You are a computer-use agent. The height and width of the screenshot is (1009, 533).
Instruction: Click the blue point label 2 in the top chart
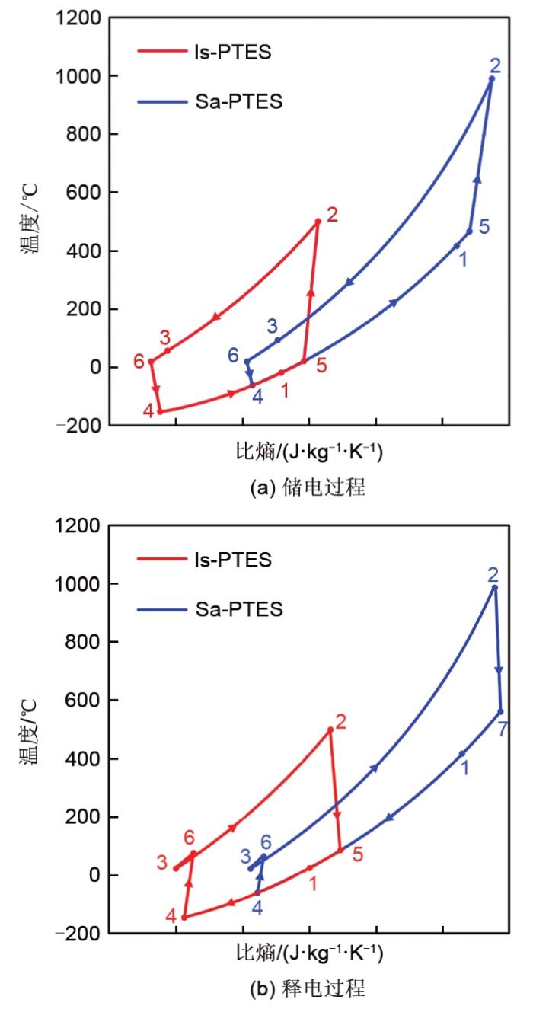[496, 65]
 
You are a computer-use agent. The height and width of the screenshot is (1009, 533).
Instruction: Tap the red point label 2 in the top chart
[332, 215]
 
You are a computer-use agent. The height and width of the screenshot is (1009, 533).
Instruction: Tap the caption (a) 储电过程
[308, 488]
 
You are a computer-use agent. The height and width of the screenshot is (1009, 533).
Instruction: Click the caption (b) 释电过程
[308, 989]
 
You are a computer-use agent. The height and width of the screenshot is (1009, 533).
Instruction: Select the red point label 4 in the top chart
[148, 412]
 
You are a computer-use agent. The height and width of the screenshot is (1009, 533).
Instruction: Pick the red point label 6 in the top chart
[139, 362]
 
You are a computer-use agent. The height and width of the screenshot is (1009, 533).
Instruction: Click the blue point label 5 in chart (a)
[484, 226]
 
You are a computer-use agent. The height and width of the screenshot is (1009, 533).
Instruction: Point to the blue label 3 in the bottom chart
[245, 856]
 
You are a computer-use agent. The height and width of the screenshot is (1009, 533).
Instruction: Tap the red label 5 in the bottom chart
[357, 854]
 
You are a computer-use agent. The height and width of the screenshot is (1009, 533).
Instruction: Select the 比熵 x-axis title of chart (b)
[308, 953]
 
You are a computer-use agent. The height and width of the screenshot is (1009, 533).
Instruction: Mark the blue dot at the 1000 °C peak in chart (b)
[494, 587]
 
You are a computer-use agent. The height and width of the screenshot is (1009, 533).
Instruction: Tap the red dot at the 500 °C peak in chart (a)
[318, 222]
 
